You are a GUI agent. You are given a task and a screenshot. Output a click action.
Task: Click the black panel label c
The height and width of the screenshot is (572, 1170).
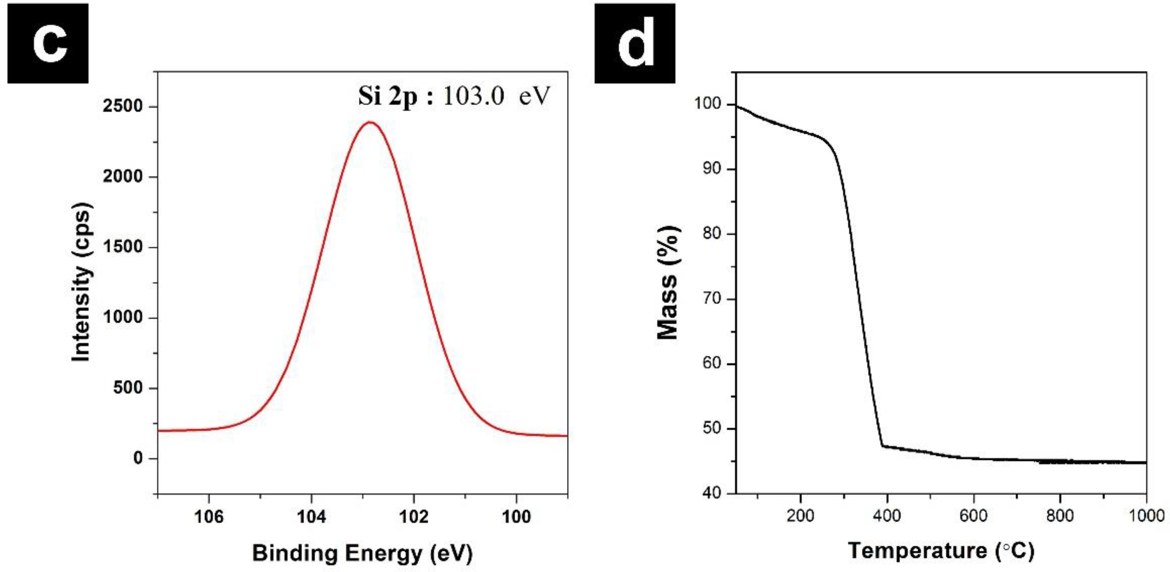pos(48,43)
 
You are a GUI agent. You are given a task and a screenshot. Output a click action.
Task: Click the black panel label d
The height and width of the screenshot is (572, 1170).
pos(635,43)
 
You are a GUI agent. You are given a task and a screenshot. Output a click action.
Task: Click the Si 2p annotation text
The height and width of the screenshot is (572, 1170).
pos(453,96)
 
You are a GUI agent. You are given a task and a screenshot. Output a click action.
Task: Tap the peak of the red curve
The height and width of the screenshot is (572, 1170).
pos(371,122)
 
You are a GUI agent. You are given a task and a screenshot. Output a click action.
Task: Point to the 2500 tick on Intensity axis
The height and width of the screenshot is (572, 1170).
pos(123,106)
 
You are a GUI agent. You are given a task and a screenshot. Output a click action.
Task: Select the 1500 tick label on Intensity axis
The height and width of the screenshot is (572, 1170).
pos(123,247)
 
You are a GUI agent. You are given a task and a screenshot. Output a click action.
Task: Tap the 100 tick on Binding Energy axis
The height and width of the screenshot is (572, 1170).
pos(516,516)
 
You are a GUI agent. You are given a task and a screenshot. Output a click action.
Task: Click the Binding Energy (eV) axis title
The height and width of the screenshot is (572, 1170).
pos(362,553)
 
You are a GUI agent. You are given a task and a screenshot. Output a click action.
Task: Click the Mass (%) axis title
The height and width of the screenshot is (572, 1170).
pos(668,282)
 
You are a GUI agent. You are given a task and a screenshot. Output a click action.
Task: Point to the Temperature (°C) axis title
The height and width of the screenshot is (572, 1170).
pos(941,551)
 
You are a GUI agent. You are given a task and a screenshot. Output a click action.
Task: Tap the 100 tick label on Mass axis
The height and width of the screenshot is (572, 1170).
pos(708,104)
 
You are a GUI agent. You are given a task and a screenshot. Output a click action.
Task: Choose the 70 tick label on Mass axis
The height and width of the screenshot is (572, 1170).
pos(711,298)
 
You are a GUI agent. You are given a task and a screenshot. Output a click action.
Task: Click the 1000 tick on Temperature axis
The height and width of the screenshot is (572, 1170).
pos(1147,515)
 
